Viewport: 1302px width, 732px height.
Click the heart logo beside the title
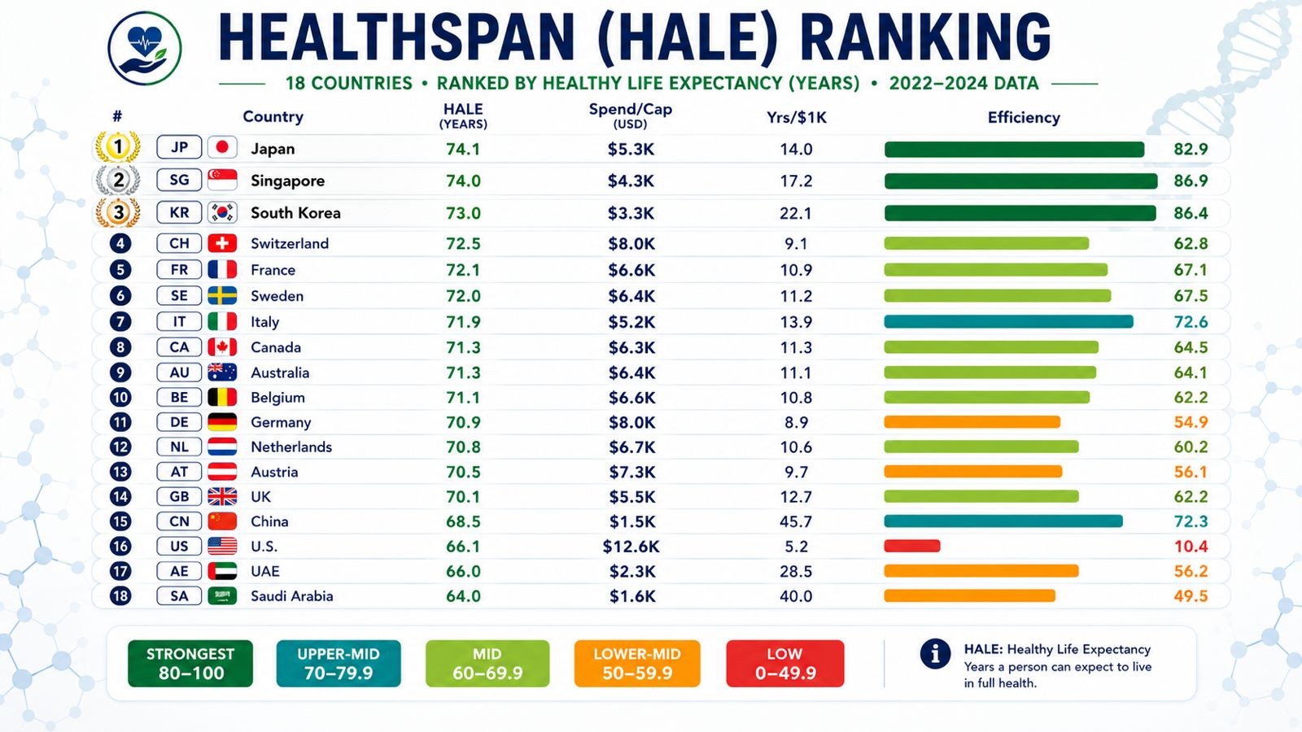145,49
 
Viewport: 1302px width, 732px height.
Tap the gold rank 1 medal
118,147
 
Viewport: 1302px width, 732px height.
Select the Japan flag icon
222,147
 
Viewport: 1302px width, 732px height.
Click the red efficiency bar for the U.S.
912,546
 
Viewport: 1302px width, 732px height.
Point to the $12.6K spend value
631,547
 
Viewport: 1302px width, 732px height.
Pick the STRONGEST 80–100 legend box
190,664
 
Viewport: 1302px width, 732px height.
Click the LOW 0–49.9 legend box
785,664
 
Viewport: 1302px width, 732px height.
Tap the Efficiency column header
1024,117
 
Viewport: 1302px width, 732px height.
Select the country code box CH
179,243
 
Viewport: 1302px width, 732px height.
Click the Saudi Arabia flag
222,596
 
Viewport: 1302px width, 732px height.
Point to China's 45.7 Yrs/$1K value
796,521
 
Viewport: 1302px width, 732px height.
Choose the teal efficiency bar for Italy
1008,322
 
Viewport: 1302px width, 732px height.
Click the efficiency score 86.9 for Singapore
1191,181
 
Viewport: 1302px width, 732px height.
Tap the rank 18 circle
120,596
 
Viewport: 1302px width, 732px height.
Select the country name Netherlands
291,447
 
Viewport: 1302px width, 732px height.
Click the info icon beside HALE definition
935,654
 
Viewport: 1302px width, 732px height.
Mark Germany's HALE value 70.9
463,422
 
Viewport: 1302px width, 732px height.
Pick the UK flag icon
222,497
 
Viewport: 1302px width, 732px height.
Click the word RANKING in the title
924,37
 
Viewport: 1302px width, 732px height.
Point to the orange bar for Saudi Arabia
969,596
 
